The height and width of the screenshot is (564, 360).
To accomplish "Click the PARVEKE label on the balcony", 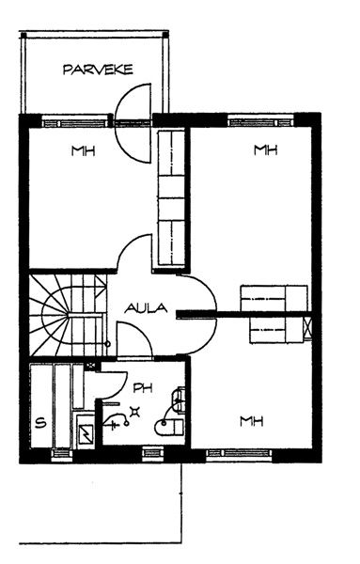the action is (98, 70).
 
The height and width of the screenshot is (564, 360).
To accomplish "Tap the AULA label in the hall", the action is (146, 308).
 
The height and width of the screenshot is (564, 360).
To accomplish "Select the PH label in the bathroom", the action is (143, 387).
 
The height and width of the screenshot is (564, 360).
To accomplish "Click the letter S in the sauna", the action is (41, 422).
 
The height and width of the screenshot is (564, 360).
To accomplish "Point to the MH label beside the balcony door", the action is (83, 150).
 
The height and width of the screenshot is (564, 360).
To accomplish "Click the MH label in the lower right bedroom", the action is (252, 421).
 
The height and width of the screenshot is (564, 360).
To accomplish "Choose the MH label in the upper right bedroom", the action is (266, 149).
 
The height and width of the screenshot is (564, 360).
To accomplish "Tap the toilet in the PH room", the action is (170, 427).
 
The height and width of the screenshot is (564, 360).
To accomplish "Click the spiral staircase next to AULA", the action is (69, 315).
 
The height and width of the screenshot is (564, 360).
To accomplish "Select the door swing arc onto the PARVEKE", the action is (133, 123).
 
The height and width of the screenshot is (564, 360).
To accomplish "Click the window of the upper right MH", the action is (261, 121).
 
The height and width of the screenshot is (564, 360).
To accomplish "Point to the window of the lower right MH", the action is (240, 454).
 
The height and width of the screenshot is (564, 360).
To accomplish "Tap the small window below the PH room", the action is (153, 452).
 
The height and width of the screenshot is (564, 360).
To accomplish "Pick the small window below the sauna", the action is (62, 454).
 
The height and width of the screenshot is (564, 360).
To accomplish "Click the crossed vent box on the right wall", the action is (307, 328).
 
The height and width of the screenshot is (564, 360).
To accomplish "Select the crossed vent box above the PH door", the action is (92, 366).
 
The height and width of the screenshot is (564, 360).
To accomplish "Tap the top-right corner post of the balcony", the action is (165, 35).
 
